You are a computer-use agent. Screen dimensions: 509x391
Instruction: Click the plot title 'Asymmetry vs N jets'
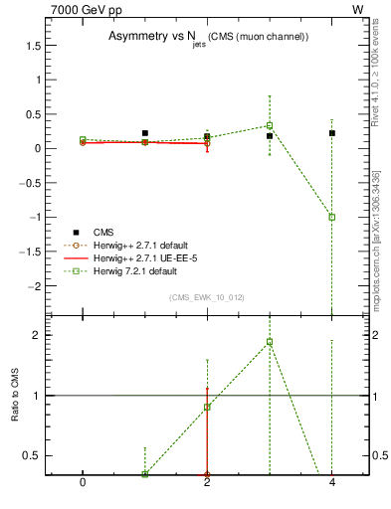pos(209,37)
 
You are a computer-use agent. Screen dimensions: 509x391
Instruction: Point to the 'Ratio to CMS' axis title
pos(16,395)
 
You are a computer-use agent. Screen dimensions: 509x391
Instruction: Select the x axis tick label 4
pos(332,481)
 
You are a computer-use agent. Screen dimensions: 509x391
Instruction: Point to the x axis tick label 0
pos(83,481)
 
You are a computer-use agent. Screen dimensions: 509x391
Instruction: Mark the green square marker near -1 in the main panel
pos(332,217)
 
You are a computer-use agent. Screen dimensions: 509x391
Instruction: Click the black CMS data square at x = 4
pos(332,133)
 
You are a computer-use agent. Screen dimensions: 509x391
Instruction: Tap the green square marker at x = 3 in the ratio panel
pos(270,342)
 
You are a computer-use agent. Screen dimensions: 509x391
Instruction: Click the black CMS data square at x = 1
pos(145,133)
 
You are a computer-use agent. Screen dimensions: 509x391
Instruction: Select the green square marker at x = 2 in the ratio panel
pos(207,407)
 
